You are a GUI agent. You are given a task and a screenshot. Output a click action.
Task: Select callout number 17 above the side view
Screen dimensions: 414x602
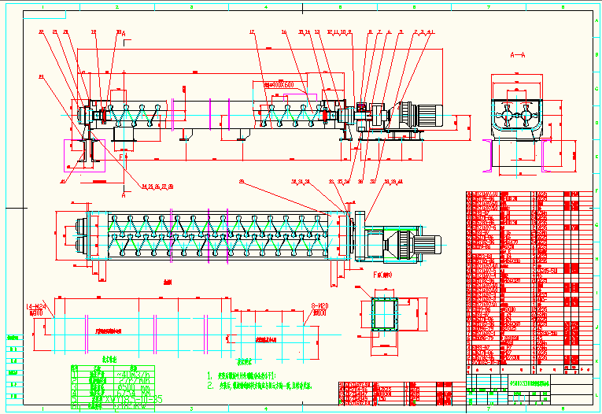(252, 32)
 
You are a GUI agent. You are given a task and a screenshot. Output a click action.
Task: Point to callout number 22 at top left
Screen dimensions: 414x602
(41, 31)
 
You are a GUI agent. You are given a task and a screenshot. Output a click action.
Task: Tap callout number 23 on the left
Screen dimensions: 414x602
(41, 76)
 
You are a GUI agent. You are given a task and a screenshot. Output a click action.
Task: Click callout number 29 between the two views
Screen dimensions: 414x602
(242, 182)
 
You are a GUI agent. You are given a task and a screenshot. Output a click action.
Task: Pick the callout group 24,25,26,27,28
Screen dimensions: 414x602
(157, 187)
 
